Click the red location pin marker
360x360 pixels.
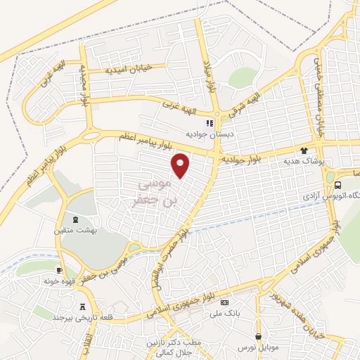(x=181, y=165)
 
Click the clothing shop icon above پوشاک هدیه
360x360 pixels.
(x=304, y=150)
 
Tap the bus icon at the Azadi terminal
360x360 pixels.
(x=338, y=185)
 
